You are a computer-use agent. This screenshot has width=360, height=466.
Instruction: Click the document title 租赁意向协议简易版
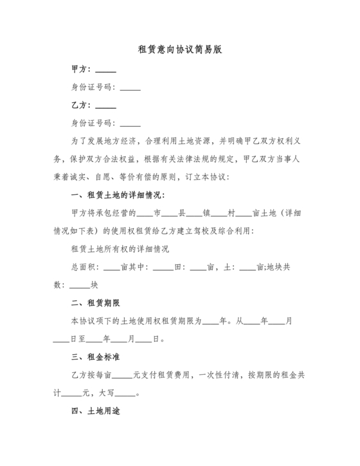180,49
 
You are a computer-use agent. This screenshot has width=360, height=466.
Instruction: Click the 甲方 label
80,69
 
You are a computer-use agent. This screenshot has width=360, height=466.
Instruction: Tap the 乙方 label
80,105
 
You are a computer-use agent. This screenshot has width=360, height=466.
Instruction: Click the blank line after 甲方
105,71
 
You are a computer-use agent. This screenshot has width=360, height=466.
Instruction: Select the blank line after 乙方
105,106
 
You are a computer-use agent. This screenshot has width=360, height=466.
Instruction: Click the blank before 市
145,213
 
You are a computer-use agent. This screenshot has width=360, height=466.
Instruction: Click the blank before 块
79,285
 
